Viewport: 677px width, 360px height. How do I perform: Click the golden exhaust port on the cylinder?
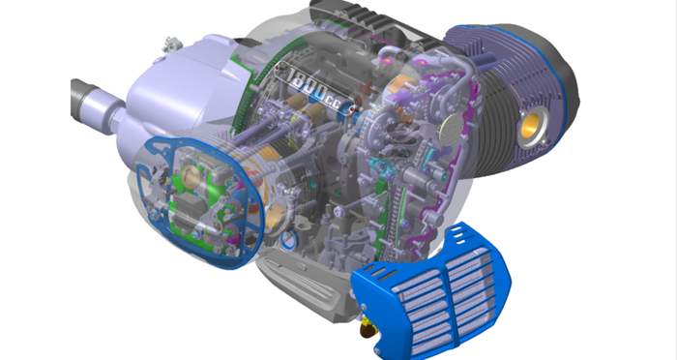pos(531,126)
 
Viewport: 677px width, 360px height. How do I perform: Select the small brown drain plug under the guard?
pos(368,330)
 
